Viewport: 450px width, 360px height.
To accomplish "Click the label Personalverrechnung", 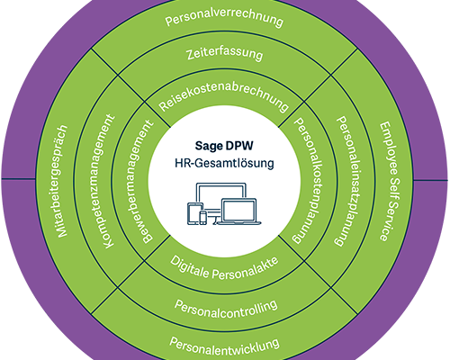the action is [x=224, y=20].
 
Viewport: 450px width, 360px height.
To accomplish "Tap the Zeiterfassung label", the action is [x=224, y=54].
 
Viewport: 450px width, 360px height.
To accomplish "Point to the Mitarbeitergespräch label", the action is [x=62, y=181].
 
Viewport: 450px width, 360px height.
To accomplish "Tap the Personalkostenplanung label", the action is [x=308, y=180].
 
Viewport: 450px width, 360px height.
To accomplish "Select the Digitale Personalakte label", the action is [x=224, y=268].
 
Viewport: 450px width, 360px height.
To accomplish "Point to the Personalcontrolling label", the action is [x=226, y=308].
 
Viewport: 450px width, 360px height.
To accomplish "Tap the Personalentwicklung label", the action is [x=224, y=345].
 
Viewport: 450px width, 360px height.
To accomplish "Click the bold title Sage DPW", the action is [x=224, y=146].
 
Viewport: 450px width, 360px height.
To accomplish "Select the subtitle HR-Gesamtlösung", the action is [x=224, y=163].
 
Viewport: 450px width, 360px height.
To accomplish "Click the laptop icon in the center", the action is [x=239, y=211].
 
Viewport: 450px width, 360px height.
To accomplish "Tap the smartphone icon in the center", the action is [x=203, y=218].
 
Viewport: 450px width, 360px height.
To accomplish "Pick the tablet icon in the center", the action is [x=195, y=213].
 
